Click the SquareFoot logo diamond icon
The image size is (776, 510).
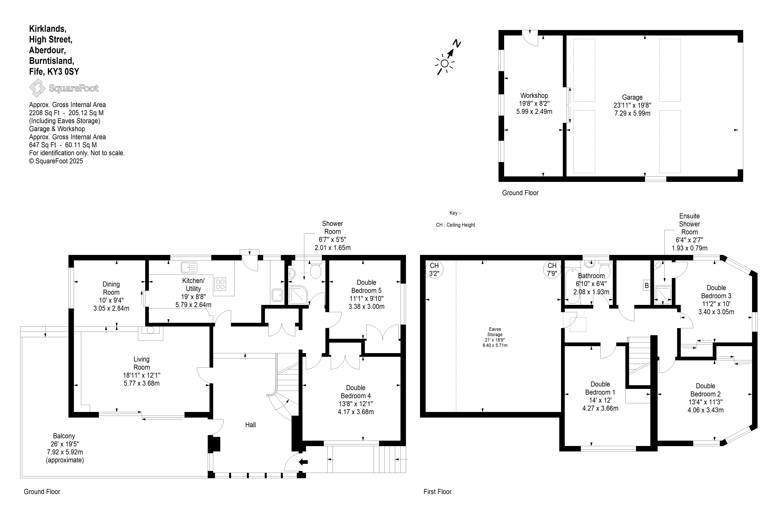pos(37,88)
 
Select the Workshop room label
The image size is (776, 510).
pos(534,96)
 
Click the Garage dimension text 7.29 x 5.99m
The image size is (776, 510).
pos(632,113)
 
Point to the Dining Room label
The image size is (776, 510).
pos(111,288)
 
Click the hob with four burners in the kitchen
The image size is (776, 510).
pos(220,284)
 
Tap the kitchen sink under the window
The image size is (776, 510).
pos(189,267)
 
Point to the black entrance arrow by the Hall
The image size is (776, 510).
pos(303,462)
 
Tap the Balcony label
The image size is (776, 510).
pos(64,436)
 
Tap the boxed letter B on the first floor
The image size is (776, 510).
pos(646,286)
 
